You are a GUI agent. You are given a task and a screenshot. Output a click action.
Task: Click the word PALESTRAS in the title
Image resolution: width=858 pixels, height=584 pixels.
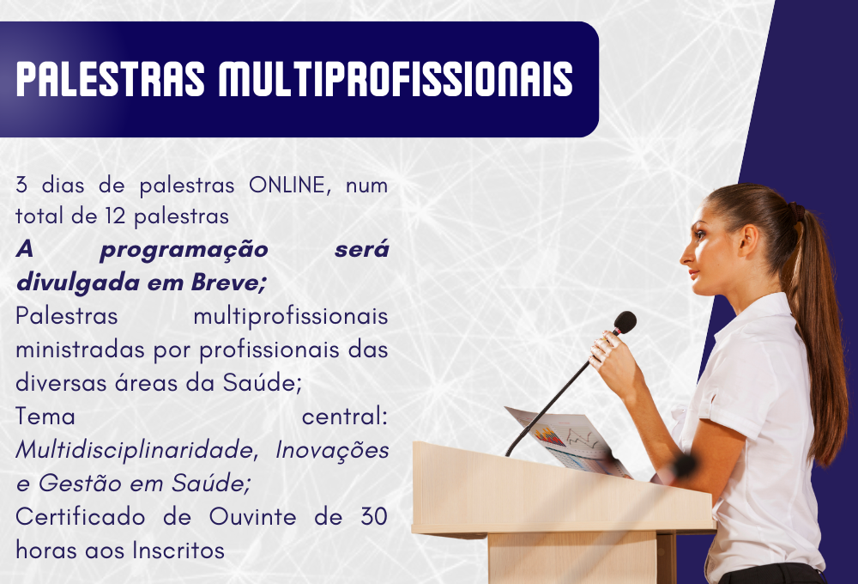(x=111, y=79)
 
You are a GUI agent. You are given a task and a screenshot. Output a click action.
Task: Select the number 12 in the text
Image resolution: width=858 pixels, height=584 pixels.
(x=116, y=216)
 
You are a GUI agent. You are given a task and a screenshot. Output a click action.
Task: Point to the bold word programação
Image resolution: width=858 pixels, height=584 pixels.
(x=184, y=251)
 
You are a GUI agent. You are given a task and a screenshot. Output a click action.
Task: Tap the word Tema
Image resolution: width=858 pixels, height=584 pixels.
(x=45, y=417)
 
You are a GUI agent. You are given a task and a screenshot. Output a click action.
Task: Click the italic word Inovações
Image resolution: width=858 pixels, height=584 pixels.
(x=332, y=451)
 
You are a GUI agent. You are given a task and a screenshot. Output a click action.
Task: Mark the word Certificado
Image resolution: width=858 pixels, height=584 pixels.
(x=81, y=517)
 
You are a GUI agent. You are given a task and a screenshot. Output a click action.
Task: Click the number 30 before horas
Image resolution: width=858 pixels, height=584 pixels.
(x=375, y=517)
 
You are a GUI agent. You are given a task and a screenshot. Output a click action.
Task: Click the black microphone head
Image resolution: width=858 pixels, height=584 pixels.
(x=625, y=323)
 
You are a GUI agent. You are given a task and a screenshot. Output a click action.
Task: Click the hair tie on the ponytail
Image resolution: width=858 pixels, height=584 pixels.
(x=797, y=210)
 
